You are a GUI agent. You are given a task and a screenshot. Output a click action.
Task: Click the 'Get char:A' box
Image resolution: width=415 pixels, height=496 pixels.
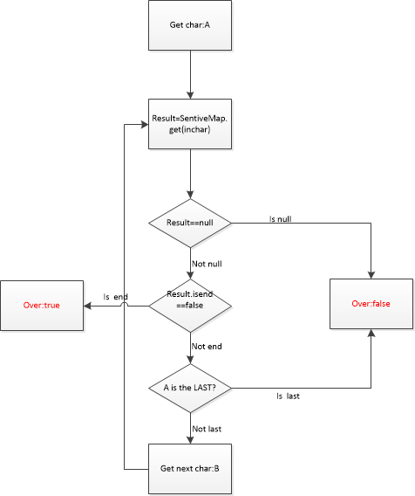(189, 24)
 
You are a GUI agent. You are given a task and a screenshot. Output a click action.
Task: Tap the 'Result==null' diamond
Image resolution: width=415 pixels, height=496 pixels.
(189, 223)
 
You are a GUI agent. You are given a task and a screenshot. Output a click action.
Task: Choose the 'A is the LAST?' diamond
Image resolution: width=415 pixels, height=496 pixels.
(189, 388)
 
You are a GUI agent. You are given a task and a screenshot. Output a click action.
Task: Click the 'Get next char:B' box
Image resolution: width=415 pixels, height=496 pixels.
(189, 468)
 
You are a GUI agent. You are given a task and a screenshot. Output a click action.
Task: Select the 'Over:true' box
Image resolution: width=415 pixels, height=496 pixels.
(41, 306)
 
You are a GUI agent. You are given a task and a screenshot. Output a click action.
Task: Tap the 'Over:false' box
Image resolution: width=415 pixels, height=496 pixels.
(371, 304)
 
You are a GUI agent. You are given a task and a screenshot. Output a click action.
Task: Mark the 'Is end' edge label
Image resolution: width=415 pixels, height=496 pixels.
(115, 297)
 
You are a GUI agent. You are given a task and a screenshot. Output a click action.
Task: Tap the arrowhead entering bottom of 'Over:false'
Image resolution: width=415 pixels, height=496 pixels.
(371, 334)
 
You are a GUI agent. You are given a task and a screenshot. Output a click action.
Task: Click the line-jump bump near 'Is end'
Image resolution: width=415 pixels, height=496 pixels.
(124, 307)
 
